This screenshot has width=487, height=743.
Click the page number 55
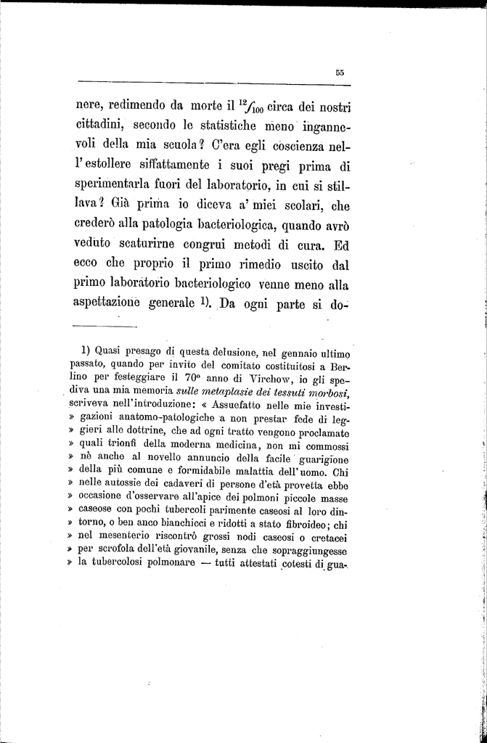pyautogui.click(x=339, y=71)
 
